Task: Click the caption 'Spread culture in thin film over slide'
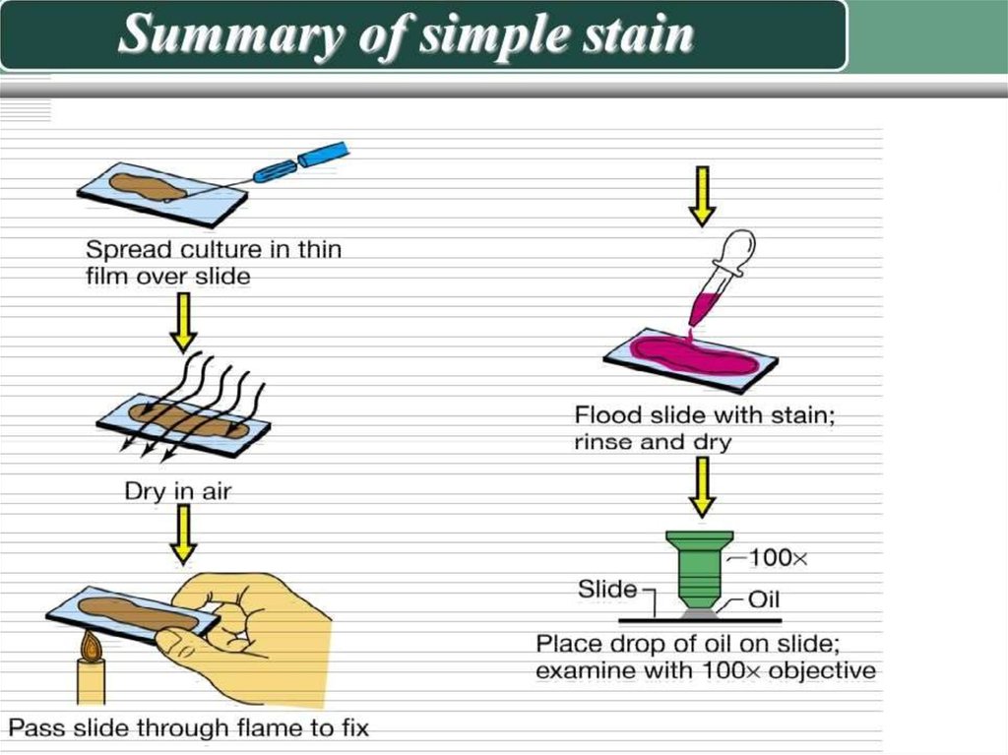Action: (214, 263)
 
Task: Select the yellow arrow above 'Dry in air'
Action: (183, 322)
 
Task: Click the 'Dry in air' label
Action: (177, 491)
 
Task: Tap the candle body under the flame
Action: (92, 682)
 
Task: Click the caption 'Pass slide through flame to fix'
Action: (188, 728)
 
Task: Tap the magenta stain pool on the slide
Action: (694, 354)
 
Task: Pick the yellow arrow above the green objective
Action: (702, 487)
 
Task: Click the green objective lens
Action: (700, 569)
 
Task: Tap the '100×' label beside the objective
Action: (778, 557)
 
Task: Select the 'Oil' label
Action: (764, 599)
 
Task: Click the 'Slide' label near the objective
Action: (607, 589)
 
